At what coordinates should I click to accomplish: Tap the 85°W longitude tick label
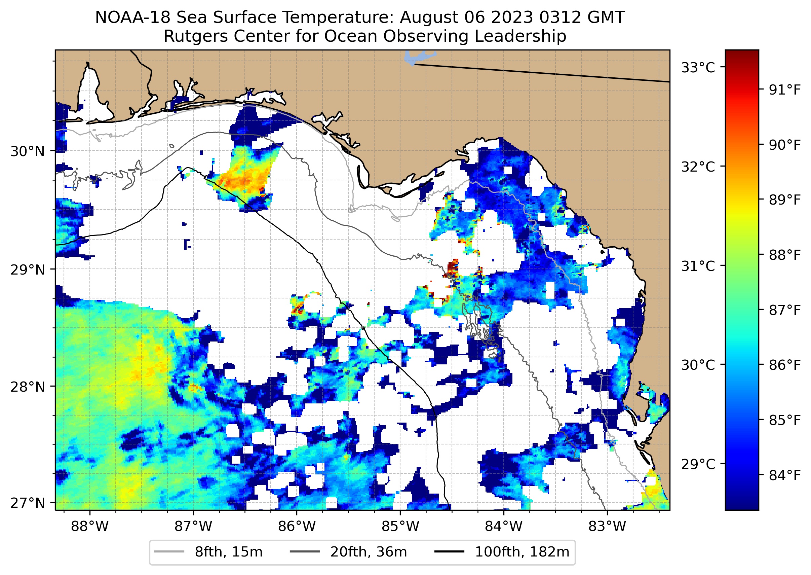(400, 527)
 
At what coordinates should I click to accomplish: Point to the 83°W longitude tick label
(607, 527)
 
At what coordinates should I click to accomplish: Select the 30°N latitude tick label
(28, 151)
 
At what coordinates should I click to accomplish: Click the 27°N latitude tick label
(28, 503)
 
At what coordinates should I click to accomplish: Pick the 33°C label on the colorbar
(698, 67)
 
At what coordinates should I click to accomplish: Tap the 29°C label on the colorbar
(698, 464)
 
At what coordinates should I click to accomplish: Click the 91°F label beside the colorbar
(784, 90)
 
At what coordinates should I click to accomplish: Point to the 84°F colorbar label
(784, 475)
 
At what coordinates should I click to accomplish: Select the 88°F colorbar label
(784, 255)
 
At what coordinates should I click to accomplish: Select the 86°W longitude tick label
(297, 527)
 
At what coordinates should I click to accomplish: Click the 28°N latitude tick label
(28, 387)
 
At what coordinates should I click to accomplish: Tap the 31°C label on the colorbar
(698, 266)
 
